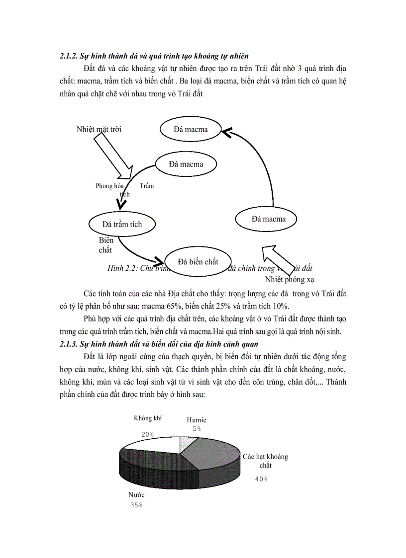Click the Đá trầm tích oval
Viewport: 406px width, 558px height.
(x=122, y=224)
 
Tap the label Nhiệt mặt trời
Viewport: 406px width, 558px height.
(x=99, y=129)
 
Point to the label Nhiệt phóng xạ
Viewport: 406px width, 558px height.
(x=290, y=279)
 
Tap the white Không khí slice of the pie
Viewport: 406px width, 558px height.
(x=152, y=445)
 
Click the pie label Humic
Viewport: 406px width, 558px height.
(x=197, y=420)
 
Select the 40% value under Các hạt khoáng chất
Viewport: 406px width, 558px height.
(x=262, y=479)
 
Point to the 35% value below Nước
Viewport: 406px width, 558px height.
(x=136, y=505)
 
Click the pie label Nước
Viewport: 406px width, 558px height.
(x=136, y=495)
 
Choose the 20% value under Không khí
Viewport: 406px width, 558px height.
(x=148, y=434)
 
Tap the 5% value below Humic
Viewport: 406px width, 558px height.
(x=197, y=428)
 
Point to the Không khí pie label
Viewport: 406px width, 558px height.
(x=148, y=418)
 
